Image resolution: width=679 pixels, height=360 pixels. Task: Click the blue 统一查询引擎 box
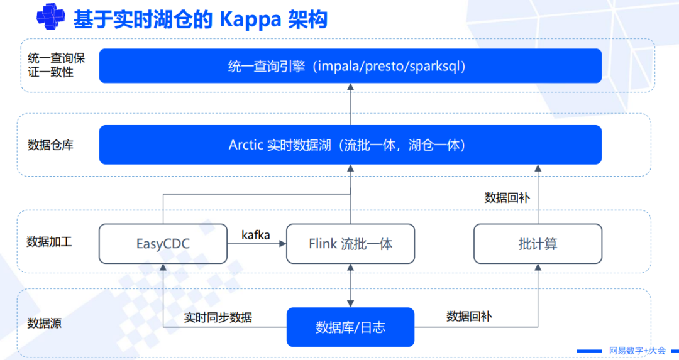(350, 66)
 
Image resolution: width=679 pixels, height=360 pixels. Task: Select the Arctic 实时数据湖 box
(350, 145)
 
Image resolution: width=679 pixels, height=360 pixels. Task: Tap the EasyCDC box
(163, 244)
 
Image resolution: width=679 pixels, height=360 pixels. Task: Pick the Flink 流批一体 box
(350, 244)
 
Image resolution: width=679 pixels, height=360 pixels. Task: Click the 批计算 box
(538, 244)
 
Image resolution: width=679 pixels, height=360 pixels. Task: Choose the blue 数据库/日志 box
(350, 327)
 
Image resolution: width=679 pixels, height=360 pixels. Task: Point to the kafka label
(256, 235)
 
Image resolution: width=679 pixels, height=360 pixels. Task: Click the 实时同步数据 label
(218, 317)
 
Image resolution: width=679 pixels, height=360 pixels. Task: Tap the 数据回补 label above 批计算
(507, 197)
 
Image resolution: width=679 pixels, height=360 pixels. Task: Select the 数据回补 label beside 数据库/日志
(469, 316)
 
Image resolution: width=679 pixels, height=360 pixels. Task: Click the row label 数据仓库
(51, 145)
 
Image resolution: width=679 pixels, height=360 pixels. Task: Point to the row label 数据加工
(50, 242)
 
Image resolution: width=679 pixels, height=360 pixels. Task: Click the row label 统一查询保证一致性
(56, 65)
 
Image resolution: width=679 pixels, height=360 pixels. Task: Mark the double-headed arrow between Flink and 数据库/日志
(350, 285)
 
